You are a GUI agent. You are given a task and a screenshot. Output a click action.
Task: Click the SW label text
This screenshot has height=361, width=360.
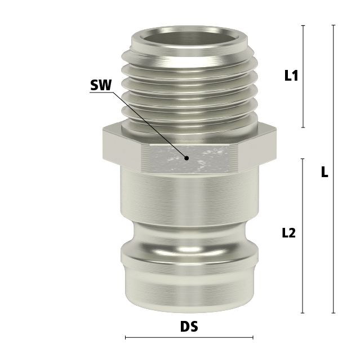pos(101,85)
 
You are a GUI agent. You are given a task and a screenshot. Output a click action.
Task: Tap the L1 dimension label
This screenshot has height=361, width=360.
pos(291,75)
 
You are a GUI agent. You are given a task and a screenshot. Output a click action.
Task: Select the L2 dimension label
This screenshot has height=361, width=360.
pos(288,233)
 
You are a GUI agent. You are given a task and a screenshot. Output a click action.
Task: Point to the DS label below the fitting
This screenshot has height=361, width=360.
pos(189,327)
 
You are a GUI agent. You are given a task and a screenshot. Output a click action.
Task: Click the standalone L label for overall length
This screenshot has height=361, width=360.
pos(325,171)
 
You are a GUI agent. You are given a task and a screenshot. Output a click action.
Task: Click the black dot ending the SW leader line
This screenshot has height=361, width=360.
pos(187,158)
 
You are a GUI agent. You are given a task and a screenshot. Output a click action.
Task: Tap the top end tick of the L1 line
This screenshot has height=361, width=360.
pos(303,25)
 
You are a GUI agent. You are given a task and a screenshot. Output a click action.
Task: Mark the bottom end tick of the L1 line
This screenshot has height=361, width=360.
pos(303,127)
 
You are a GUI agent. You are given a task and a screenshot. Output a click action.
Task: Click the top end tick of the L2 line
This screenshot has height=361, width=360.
pos(303,159)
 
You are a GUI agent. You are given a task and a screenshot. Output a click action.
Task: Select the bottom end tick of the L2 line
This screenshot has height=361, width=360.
pos(303,313)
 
